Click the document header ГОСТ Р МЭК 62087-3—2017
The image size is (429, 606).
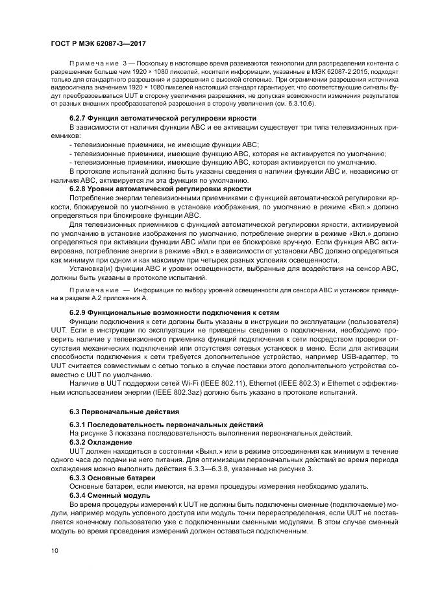(98, 43)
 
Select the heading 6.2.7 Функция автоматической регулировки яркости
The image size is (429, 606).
(154, 118)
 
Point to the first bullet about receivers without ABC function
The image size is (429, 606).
(163, 145)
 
